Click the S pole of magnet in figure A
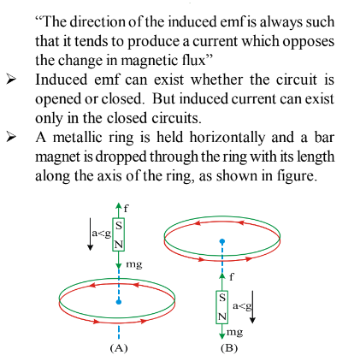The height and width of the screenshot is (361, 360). [119, 226]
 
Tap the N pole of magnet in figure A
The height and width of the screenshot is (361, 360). [119, 245]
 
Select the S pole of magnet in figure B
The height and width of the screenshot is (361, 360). [222, 298]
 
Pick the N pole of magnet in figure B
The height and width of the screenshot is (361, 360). [222, 317]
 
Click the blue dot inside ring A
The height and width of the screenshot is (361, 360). [119, 302]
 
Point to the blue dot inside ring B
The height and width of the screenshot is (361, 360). [222, 241]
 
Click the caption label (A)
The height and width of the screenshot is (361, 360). [119, 348]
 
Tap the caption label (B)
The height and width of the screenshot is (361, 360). [229, 348]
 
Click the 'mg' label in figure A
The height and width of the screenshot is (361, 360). [134, 264]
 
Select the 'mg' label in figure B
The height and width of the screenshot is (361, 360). [234, 333]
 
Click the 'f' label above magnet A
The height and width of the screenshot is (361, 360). [126, 209]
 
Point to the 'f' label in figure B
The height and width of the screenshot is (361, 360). [232, 276]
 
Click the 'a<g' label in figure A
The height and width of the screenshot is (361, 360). [101, 234]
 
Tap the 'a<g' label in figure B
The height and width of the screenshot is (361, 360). [242, 306]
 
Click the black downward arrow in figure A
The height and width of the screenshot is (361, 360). [90, 234]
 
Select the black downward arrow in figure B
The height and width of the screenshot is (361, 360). [252, 307]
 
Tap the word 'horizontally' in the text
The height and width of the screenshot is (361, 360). [227, 138]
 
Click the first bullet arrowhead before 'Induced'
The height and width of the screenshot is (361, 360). [10, 80]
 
